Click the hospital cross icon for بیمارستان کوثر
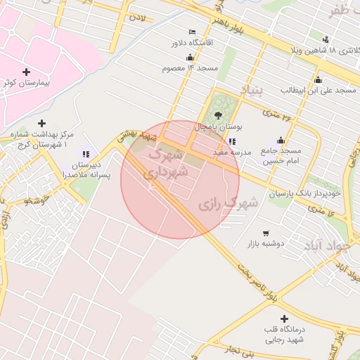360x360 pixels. [27, 72]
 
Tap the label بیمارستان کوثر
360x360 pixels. [27, 83]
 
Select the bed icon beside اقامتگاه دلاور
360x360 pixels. [193, 32]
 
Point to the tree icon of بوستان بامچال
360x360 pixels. [219, 115]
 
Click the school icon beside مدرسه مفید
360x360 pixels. [232, 141]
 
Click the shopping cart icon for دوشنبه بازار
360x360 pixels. [265, 233]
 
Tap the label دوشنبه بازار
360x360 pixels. [264, 244]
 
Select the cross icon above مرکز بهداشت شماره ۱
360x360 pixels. [41, 122]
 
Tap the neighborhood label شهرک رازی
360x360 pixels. [229, 203]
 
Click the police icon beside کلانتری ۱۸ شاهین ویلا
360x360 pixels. [325, 39]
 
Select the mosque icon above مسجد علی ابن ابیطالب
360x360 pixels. [319, 79]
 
